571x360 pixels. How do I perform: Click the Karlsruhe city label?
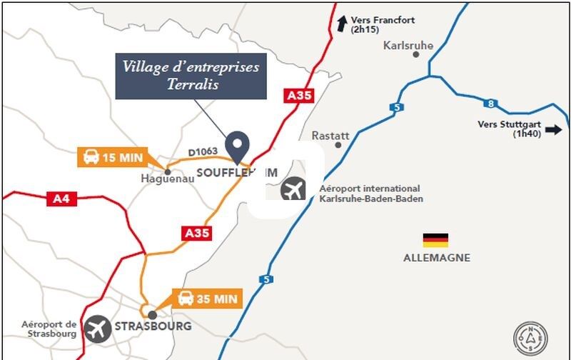[x=408, y=45]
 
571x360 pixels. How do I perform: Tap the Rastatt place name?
[x=330, y=135]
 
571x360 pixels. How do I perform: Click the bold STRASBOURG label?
[x=153, y=326]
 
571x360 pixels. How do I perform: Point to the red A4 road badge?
[x=60, y=199]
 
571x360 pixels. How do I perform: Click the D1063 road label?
[x=203, y=151]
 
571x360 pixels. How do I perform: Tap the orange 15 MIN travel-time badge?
[x=113, y=157]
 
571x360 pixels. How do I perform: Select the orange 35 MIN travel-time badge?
[x=208, y=299]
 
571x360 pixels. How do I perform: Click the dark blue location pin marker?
[x=236, y=146]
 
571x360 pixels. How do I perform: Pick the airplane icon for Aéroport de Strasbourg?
[x=98, y=329]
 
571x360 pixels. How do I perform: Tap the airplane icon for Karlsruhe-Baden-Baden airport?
[x=293, y=191]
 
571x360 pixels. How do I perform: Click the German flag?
[x=435, y=240]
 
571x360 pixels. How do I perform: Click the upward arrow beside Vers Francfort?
[x=342, y=24]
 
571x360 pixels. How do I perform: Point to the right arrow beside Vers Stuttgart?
[x=553, y=130]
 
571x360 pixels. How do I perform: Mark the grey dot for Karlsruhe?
[x=415, y=54]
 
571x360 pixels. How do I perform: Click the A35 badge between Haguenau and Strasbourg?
[x=197, y=233]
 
